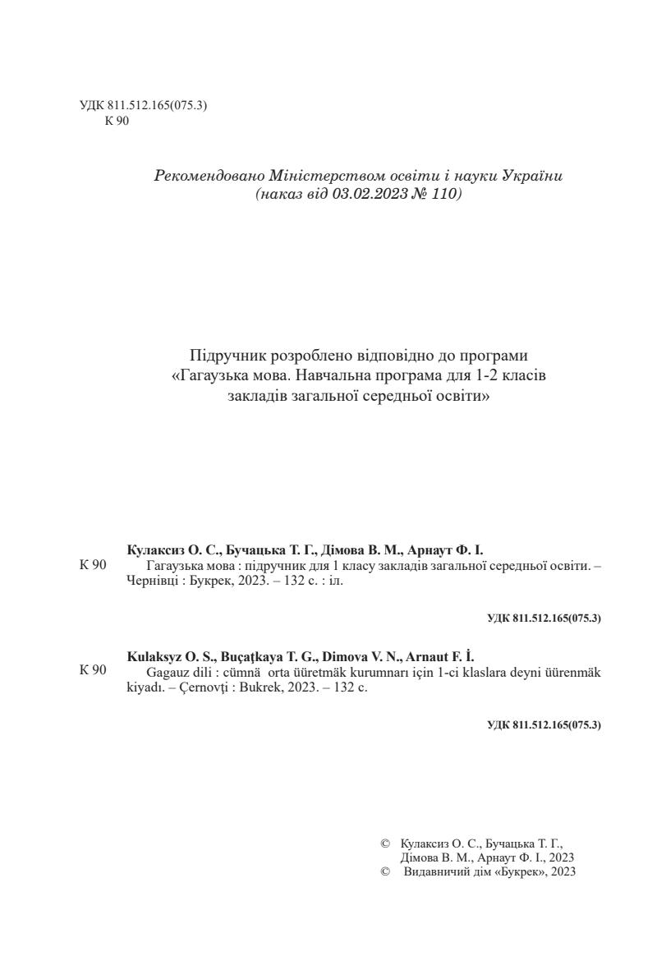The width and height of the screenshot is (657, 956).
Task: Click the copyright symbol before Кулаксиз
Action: coord(385,843)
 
